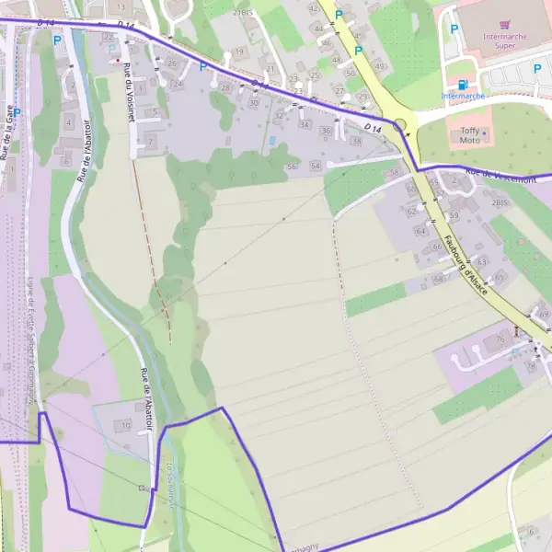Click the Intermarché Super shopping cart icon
(502, 25)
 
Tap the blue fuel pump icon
(449, 84)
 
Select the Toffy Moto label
(470, 135)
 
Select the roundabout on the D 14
(400, 125)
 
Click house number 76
(500, 339)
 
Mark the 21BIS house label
(243, 13)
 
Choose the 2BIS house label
(500, 201)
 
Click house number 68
(438, 278)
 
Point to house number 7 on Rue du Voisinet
(151, 143)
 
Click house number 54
(316, 166)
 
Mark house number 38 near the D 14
(355, 141)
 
